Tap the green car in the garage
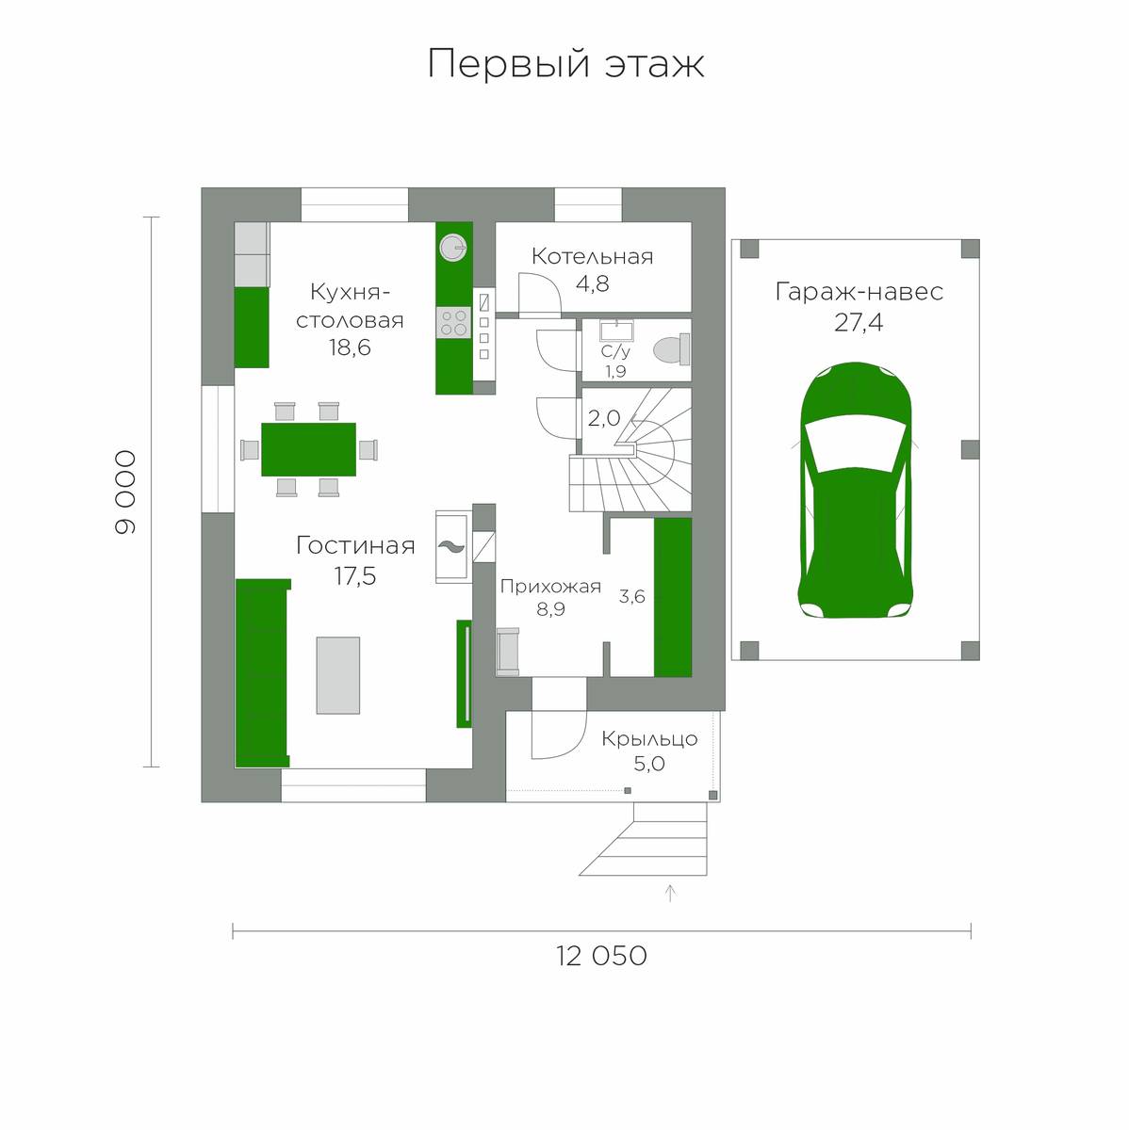coord(856,491)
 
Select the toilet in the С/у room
coord(672,349)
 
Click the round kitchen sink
coord(454,247)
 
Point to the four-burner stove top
coord(454,323)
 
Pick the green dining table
coord(308,449)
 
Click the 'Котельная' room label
coord(593,257)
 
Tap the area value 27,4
coord(859,323)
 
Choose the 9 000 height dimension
coord(125,492)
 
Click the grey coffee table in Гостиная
coord(338,675)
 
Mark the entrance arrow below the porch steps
coord(670,893)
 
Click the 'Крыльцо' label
coord(649,739)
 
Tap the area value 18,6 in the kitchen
coord(350,347)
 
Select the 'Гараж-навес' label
coord(859,292)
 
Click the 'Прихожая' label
coord(550,587)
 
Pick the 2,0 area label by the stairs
coord(604,418)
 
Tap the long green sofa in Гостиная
coord(262,672)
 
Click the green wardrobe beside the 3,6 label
coord(673,597)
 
